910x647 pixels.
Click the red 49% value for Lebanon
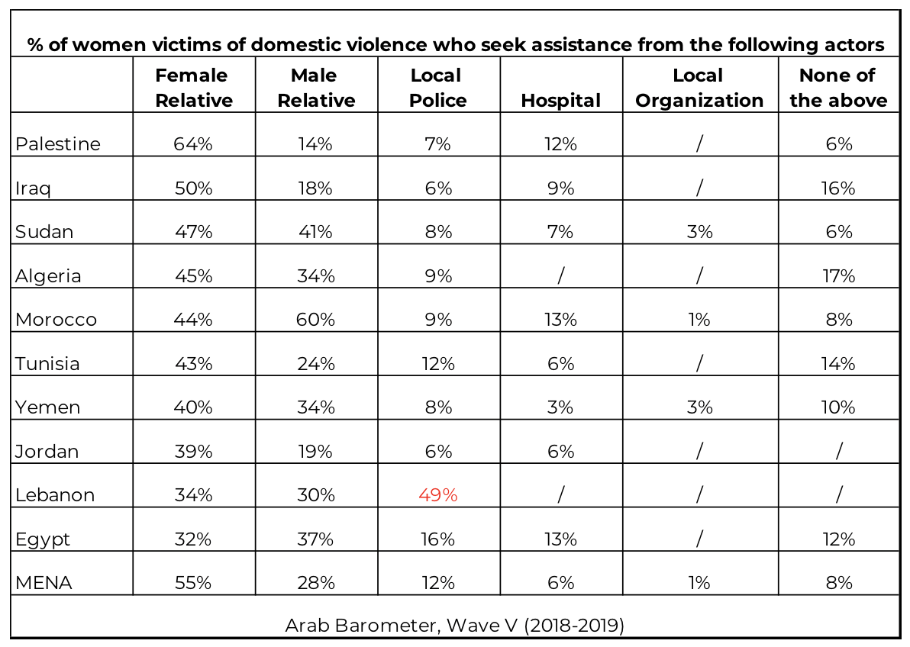point(438,495)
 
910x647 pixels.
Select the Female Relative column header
point(194,88)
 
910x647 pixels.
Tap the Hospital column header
point(560,101)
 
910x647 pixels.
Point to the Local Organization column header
point(699,88)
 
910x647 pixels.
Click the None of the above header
point(838,88)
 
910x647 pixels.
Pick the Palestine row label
point(58,144)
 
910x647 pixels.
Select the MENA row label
point(44,583)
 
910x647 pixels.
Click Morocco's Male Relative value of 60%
point(316,320)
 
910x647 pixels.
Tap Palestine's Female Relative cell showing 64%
point(193,144)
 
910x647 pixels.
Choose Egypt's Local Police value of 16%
point(438,539)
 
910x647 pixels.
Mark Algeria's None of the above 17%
point(838,275)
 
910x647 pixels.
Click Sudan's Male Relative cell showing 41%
point(316,232)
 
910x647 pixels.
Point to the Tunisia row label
point(47,363)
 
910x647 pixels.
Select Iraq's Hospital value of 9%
point(560,188)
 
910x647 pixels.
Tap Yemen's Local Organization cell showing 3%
point(699,407)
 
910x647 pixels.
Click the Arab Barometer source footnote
point(455,626)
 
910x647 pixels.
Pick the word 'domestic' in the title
point(296,45)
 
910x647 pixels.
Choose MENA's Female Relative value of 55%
point(193,583)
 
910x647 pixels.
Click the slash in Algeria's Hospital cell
point(560,275)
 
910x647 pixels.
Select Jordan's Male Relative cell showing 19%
point(316,452)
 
